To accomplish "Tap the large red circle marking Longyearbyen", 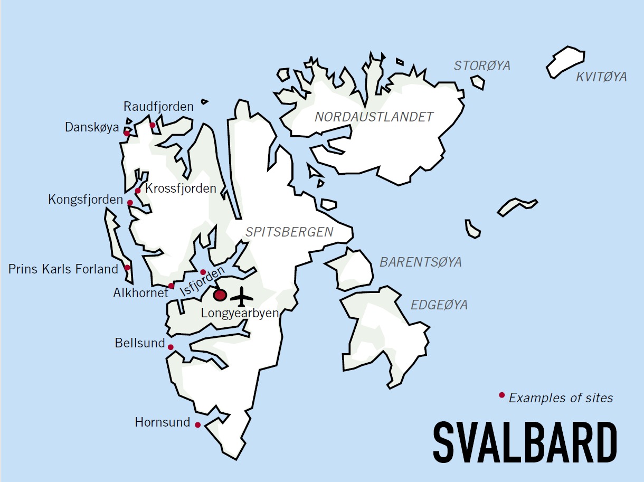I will click(x=220, y=295).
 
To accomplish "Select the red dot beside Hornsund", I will click(x=197, y=424).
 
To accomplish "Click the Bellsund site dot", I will click(x=171, y=347).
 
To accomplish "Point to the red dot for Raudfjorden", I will click(x=153, y=125).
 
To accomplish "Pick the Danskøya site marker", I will click(x=127, y=133).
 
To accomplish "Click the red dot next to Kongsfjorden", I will click(x=130, y=202).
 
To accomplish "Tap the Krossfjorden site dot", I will click(x=138, y=191).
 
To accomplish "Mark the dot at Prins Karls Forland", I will click(x=127, y=268).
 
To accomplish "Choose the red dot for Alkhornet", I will click(x=171, y=286).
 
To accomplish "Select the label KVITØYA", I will click(x=601, y=77).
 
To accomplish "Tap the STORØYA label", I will click(x=482, y=66).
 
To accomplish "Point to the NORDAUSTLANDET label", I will click(x=374, y=117).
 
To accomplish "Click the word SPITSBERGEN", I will click(x=289, y=232).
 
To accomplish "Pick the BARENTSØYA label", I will click(x=421, y=262).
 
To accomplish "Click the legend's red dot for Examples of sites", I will click(x=501, y=395).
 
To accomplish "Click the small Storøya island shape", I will click(x=478, y=82).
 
